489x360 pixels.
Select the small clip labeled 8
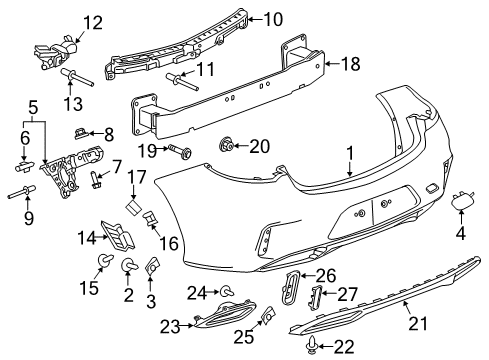click(x=83, y=132)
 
